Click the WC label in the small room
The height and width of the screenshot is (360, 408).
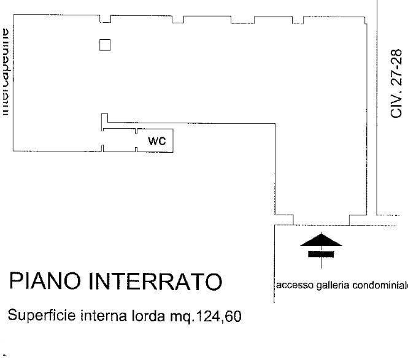tap(158, 140)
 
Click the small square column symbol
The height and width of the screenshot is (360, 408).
tap(105, 45)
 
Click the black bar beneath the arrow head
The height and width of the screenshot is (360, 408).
tap(321, 252)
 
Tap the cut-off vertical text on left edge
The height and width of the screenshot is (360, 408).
tap(6, 71)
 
